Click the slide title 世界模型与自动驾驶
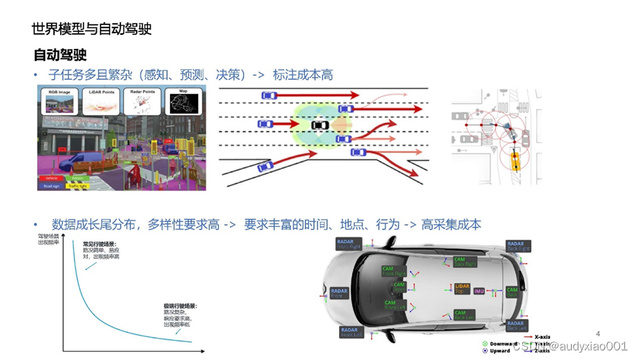(92, 30)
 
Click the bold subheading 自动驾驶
(60, 55)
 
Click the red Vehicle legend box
(50, 178)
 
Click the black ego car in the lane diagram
(320, 125)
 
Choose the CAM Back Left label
(465, 317)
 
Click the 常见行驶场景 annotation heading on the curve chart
(100, 244)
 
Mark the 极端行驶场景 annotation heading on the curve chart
(180, 305)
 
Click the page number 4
(598, 334)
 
